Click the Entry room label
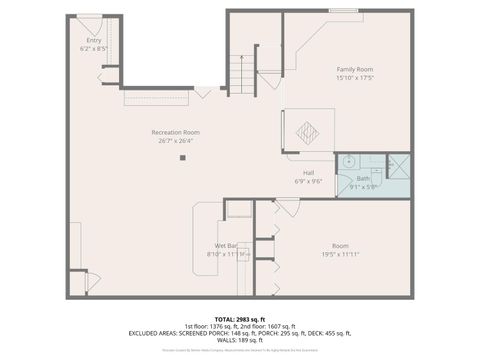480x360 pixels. click(93, 41)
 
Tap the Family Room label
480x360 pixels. click(355, 70)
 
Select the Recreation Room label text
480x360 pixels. click(175, 132)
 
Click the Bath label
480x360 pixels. click(363, 178)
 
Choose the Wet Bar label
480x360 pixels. click(225, 246)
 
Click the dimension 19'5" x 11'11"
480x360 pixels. click(340, 253)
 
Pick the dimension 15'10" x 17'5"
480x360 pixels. click(355, 78)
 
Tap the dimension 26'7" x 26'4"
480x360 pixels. click(175, 140)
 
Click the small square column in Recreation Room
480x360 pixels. click(182, 157)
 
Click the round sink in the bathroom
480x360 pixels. click(349, 161)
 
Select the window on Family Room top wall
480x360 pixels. click(344, 10)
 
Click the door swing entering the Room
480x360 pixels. click(287, 206)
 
